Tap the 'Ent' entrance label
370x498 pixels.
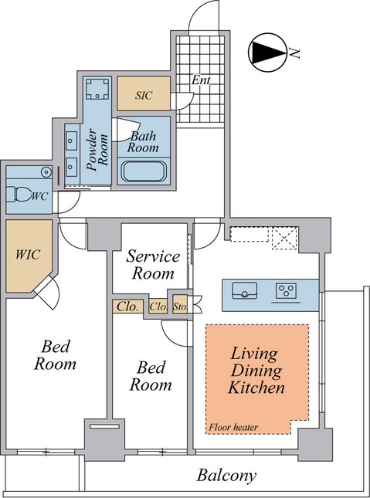(202, 80)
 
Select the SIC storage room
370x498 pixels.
(142, 94)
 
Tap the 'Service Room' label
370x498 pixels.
(152, 265)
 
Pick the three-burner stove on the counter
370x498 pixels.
(287, 291)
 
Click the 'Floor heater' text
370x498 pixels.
(233, 427)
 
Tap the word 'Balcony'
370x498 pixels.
(226, 476)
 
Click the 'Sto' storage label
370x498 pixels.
(180, 307)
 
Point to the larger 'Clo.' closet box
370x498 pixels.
(128, 307)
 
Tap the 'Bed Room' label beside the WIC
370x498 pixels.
(55, 354)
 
